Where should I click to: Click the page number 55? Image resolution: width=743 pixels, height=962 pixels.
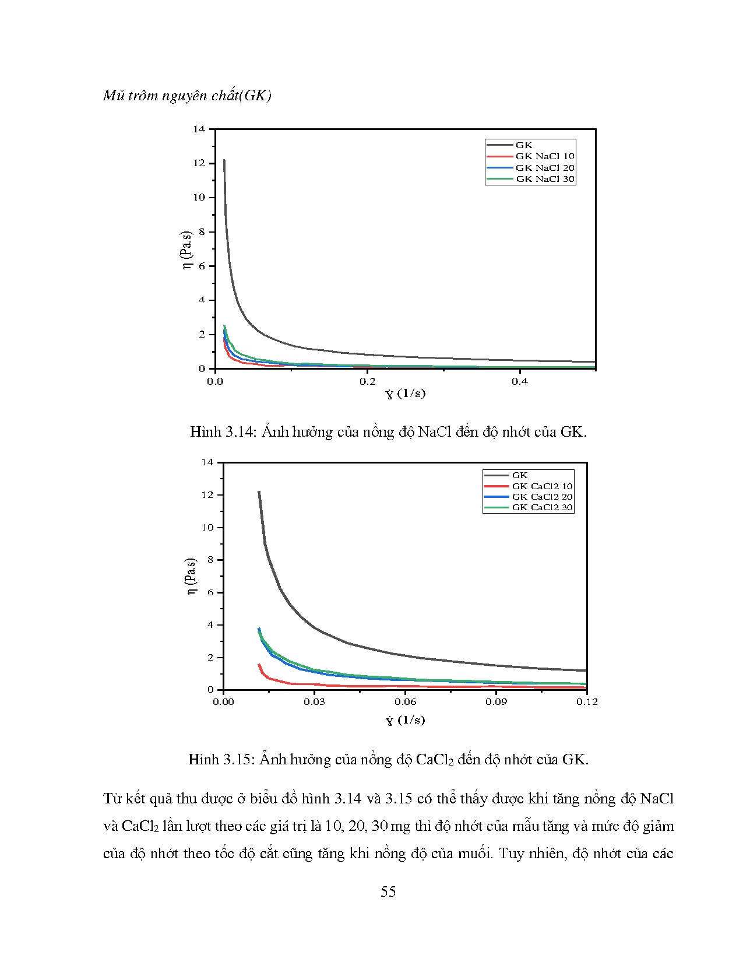[x=388, y=891]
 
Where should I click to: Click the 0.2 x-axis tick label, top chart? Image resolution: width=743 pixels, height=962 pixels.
[x=367, y=381]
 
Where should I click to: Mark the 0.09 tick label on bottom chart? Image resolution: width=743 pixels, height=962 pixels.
[x=496, y=701]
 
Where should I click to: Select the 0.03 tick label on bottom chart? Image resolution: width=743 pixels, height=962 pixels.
[x=314, y=701]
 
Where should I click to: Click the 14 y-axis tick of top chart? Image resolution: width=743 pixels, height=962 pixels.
[x=199, y=129]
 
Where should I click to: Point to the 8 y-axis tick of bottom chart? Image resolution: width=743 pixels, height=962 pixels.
[x=211, y=560]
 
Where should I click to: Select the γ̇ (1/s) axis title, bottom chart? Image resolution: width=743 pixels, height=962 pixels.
[x=405, y=720]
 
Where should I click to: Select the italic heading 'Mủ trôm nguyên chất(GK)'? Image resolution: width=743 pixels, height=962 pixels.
[x=187, y=96]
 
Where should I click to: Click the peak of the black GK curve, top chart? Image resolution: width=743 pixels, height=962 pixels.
[x=224, y=160]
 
